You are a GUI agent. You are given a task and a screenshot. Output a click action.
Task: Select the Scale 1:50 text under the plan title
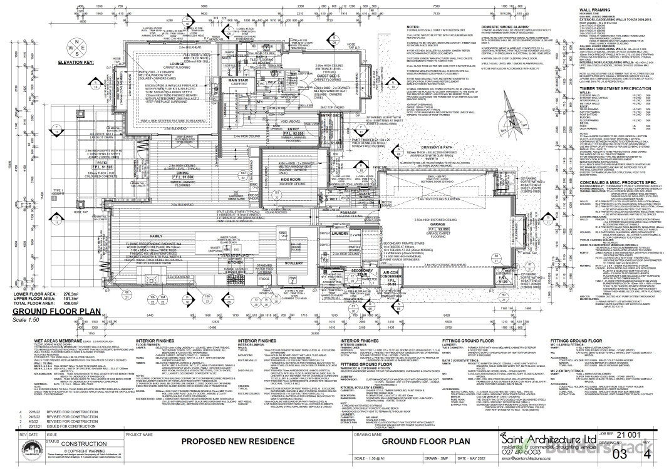click(26, 319)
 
